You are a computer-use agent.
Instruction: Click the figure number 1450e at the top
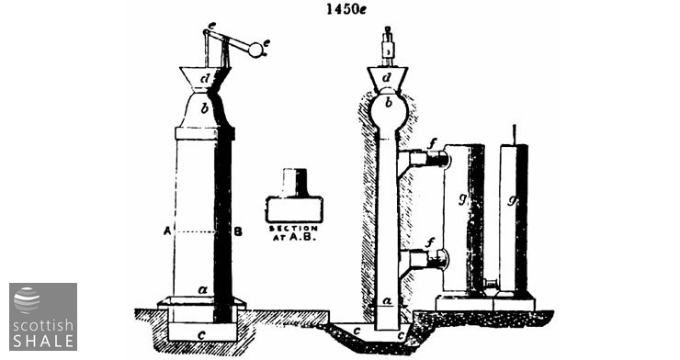tap(346, 9)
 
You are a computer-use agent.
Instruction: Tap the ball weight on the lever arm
tap(255, 50)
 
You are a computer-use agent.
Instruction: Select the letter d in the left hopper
tap(205, 79)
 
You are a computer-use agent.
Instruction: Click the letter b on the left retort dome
tap(205, 107)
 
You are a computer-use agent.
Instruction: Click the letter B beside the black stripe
tap(238, 231)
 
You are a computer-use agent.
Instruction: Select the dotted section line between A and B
tap(196, 232)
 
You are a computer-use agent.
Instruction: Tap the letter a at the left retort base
tap(202, 290)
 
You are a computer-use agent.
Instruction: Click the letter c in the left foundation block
tap(201, 334)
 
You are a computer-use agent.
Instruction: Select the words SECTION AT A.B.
tap(294, 233)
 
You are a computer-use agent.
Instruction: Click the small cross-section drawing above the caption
tap(294, 196)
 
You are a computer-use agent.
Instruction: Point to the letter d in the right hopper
tap(387, 77)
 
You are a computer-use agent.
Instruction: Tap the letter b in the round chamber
tap(389, 103)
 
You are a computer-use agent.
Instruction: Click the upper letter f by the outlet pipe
tap(431, 144)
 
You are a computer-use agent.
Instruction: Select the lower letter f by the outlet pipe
tap(429, 243)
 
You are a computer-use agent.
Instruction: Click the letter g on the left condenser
tap(462, 199)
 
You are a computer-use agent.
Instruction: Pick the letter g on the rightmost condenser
tap(512, 201)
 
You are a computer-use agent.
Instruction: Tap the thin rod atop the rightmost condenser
tap(515, 135)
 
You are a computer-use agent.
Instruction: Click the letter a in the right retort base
tap(388, 300)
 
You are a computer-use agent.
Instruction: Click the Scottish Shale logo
tap(43, 317)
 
